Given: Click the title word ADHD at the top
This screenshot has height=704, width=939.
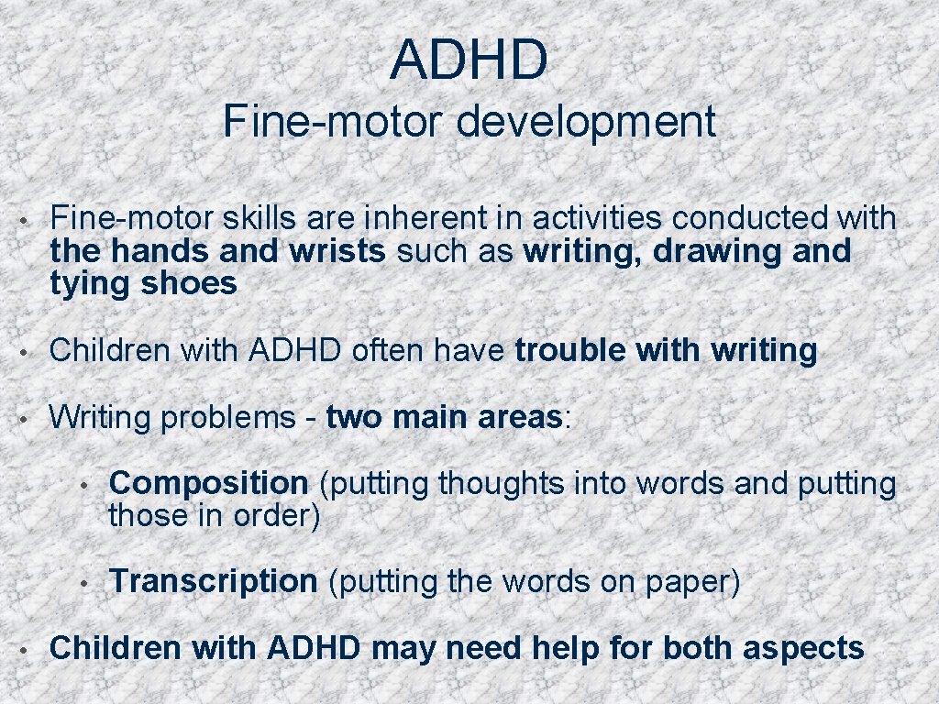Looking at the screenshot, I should point(469,59).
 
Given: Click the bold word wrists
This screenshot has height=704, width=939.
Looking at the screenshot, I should point(340,251).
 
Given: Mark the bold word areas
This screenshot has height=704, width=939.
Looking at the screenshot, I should point(519,418).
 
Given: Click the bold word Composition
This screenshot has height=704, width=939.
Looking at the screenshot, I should point(208,483).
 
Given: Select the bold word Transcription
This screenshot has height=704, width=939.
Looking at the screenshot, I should point(213,581).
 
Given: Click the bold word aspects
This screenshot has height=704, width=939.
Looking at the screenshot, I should point(803,648).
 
